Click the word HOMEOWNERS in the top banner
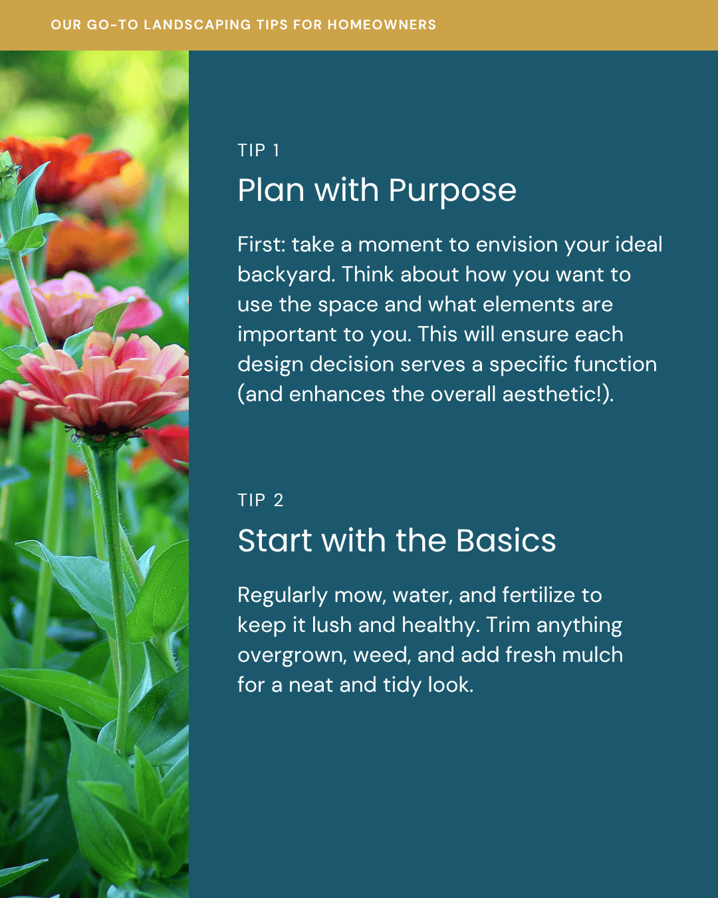click(x=382, y=25)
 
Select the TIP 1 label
click(x=258, y=150)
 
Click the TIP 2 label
click(x=261, y=500)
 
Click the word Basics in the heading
click(x=506, y=540)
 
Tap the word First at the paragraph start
click(x=261, y=245)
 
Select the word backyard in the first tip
click(x=286, y=275)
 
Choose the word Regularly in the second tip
click(x=283, y=596)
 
